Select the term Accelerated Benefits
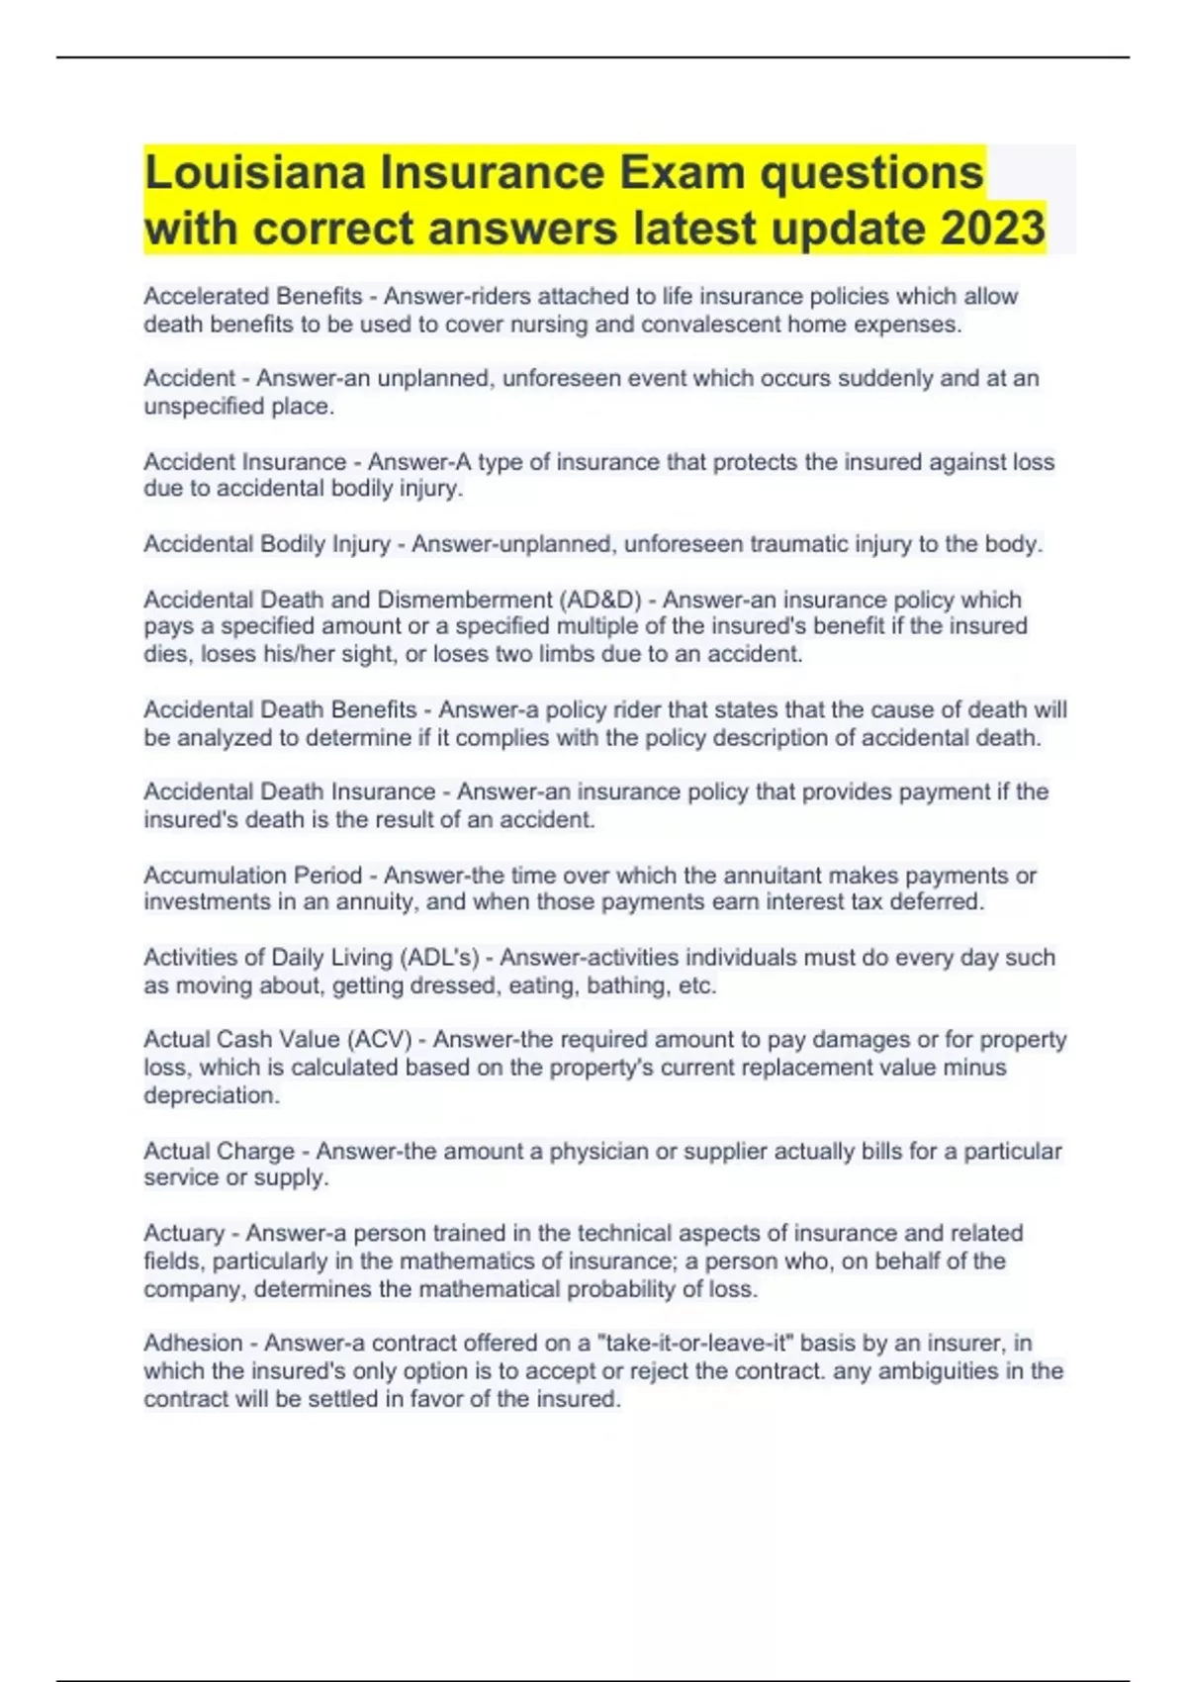tap(253, 296)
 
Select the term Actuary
tap(184, 1234)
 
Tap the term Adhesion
tap(193, 1344)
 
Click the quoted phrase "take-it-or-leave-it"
tap(696, 1344)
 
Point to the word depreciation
tap(212, 1095)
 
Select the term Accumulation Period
tap(253, 876)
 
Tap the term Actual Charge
tap(220, 1152)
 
